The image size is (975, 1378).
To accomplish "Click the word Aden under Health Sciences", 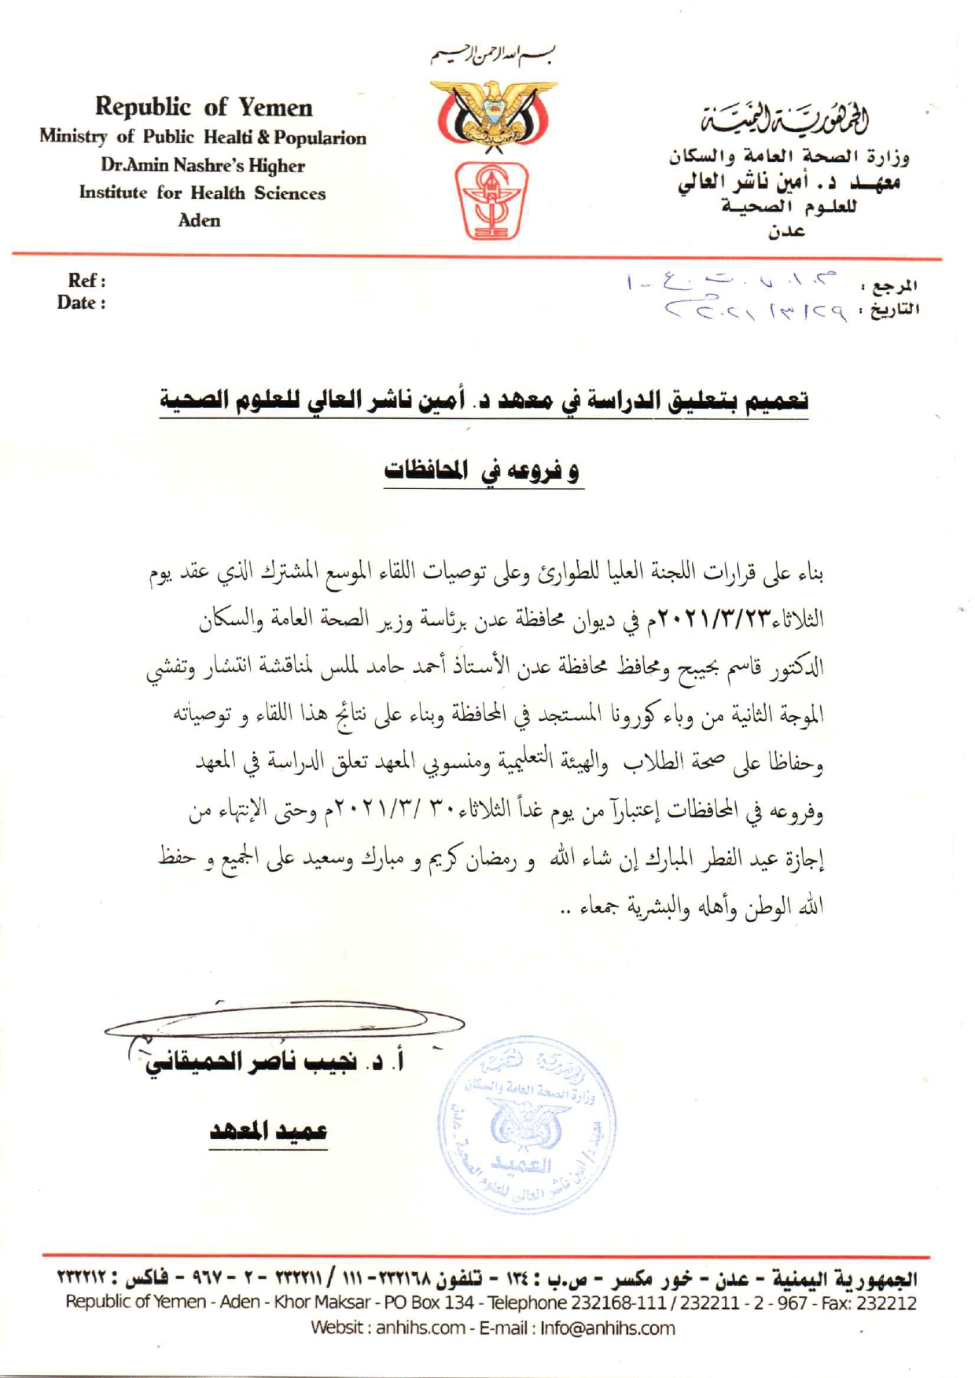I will (199, 221).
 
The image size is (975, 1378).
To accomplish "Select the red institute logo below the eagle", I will (492, 200).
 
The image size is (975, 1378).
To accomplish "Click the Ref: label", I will (86, 281).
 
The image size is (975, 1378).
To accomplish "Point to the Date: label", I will (81, 303).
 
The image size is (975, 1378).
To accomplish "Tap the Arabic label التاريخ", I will (891, 309).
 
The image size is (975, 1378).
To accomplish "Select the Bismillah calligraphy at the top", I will (494, 56).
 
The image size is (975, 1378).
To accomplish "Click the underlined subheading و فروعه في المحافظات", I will (483, 471).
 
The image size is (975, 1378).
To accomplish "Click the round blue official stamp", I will (527, 1123).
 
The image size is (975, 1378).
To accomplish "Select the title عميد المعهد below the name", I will (268, 1131).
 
